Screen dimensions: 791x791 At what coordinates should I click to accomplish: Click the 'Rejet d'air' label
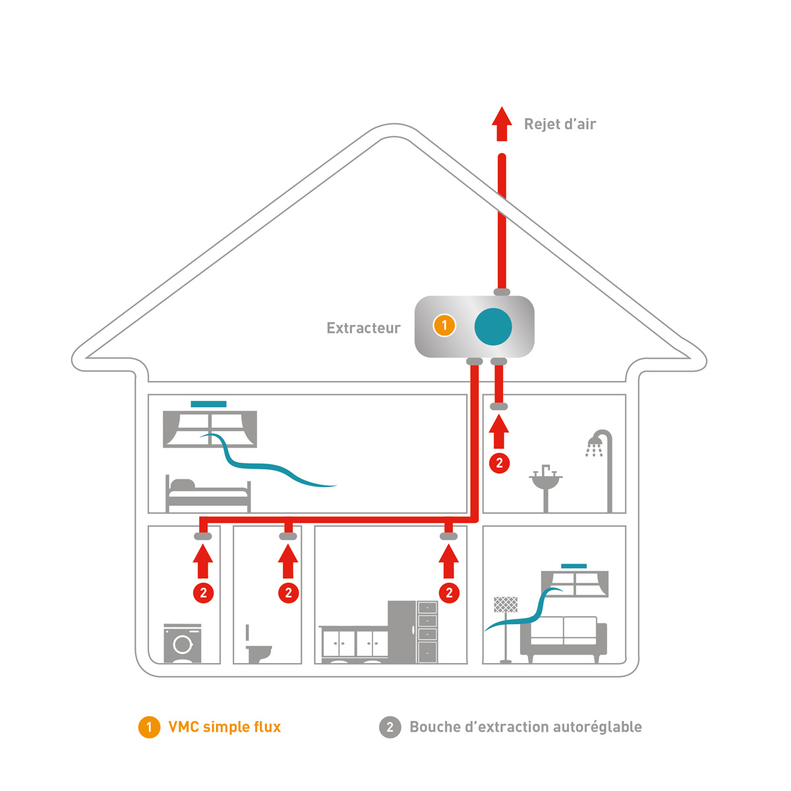[x=560, y=124]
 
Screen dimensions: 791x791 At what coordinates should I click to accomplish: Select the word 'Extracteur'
[x=363, y=328]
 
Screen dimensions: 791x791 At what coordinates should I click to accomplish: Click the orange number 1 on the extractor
[x=444, y=325]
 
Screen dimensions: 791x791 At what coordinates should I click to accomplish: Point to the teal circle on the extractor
[x=493, y=326]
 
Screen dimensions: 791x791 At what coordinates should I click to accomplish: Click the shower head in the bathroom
[x=595, y=447]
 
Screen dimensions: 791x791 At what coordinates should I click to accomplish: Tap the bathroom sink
[x=545, y=481]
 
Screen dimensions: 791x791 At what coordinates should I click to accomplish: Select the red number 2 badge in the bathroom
[x=499, y=463]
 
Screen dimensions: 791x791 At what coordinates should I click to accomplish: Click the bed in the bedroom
[x=208, y=494]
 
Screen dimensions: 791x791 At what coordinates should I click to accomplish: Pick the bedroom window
[x=210, y=428]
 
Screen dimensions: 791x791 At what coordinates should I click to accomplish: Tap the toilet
[x=258, y=652]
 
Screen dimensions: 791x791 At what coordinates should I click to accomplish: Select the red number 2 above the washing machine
[x=203, y=593]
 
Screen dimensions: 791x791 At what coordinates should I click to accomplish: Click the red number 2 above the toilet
[x=288, y=593]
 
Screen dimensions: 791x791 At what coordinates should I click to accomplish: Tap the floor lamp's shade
[x=506, y=604]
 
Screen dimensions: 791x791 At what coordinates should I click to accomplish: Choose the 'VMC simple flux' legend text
[x=224, y=727]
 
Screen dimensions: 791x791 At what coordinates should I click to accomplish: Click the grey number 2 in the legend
[x=390, y=727]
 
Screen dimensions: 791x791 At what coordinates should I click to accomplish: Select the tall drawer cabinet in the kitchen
[x=427, y=631]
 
